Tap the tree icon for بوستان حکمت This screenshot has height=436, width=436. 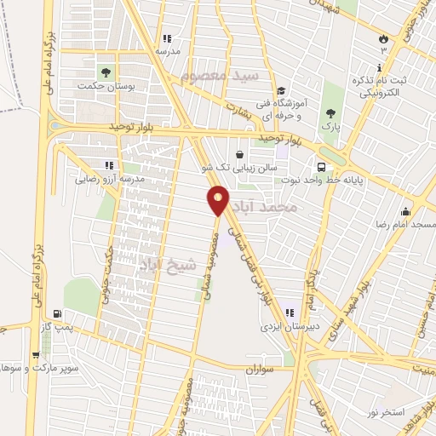106,72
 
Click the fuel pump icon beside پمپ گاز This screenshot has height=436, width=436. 56,313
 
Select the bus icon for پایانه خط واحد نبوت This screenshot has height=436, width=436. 322,167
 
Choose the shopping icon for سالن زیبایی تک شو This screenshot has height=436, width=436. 239,155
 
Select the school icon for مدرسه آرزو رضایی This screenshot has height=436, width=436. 108,164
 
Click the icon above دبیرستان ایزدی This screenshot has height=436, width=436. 290,312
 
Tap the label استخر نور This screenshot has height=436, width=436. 380,412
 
